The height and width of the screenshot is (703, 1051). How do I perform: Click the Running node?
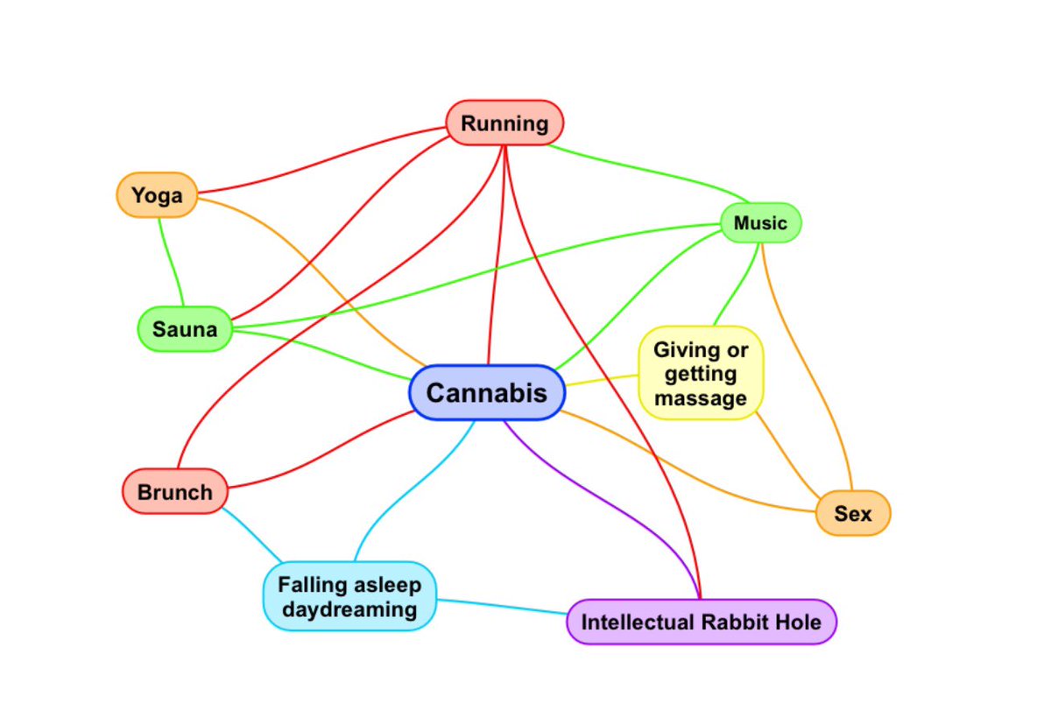tap(504, 123)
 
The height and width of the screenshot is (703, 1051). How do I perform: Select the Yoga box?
tap(157, 194)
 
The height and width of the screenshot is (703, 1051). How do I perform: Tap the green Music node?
tap(760, 223)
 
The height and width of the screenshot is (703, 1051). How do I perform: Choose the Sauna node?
tap(185, 329)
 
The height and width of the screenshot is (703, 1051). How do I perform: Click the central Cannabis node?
tap(486, 392)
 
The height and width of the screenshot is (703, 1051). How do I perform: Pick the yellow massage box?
tap(701, 374)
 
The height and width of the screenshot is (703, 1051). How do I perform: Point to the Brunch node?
tap(174, 492)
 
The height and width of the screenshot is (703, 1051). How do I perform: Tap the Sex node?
tap(852, 513)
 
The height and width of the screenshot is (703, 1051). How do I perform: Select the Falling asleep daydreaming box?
tap(349, 596)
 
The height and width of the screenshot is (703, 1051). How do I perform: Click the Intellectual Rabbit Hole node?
tap(701, 622)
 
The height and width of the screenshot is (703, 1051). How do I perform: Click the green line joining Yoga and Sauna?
tap(169, 263)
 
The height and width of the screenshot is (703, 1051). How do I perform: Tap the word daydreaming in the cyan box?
tap(349, 608)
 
